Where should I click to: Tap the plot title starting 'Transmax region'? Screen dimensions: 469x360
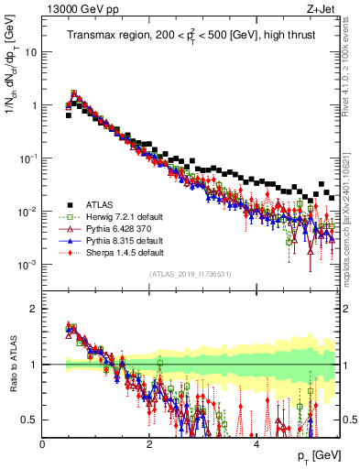pos(191,36)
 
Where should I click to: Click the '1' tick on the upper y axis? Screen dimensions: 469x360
pos(34,105)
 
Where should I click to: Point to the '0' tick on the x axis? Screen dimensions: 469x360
pos(42,442)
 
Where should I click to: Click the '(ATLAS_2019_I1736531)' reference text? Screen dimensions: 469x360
pos(191,274)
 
